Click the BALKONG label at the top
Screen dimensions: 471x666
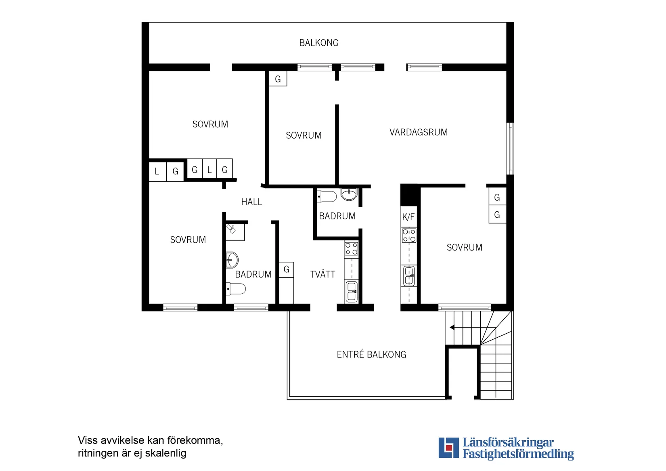pos(318,43)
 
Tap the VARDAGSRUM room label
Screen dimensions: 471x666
pos(418,132)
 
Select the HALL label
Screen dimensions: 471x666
pos(251,202)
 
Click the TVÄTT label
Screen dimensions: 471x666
pos(323,275)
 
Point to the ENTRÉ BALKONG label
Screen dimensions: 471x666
pos(371,355)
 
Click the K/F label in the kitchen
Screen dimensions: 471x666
pos(408,217)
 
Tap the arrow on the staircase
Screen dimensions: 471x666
pos(452,327)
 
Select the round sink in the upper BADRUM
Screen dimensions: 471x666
pos(349,194)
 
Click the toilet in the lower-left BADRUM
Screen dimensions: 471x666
pos(236,289)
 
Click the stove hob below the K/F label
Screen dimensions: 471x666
pos(409,235)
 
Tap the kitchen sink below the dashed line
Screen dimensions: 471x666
pos(409,276)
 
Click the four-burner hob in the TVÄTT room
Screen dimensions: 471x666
pos(351,249)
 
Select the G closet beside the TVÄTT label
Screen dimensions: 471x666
pos(286,269)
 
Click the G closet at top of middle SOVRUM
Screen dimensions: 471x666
pos(278,79)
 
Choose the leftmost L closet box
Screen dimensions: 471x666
pos(157,172)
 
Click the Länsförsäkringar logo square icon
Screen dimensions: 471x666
pos(448,448)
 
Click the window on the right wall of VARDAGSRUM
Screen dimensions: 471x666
pos(510,149)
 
